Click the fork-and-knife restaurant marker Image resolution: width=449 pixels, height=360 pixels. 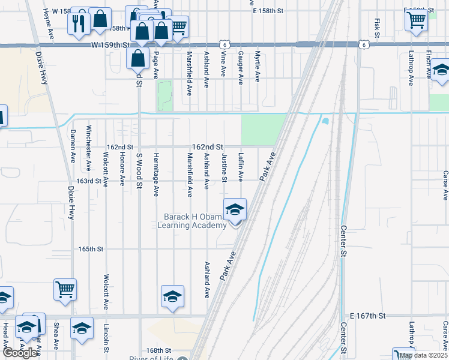(79, 23)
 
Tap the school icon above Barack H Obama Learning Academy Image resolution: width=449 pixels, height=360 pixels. (235, 210)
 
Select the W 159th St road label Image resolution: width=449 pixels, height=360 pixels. (111, 45)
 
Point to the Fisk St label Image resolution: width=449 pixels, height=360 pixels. (377, 27)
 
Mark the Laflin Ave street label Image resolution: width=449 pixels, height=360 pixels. (241, 167)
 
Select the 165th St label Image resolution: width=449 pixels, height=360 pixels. (91, 248)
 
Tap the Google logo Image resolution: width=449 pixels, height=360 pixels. (20, 353)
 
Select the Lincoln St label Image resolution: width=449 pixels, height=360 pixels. (106, 340)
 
